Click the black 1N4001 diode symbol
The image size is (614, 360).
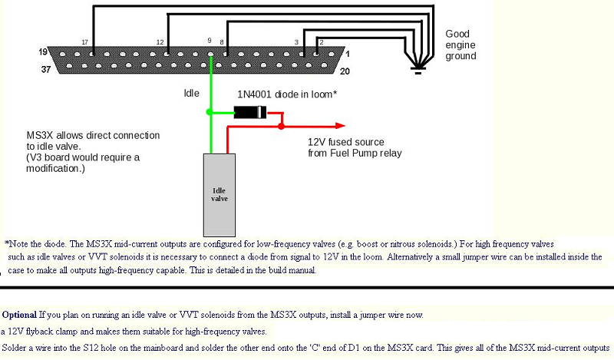pos(250,112)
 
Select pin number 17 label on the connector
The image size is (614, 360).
pos(86,41)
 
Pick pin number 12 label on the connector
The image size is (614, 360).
pos(160,41)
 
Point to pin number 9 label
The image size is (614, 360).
pos(210,40)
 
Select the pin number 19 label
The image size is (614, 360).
pos(44,52)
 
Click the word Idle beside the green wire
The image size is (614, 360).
pos(191,94)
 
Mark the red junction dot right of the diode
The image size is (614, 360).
pos(282,125)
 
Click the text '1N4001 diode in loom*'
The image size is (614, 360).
pos(287,94)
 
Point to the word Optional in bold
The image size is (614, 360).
pos(20,315)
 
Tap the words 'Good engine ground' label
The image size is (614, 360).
pos(461,45)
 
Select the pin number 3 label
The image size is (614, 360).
pos(296,41)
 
